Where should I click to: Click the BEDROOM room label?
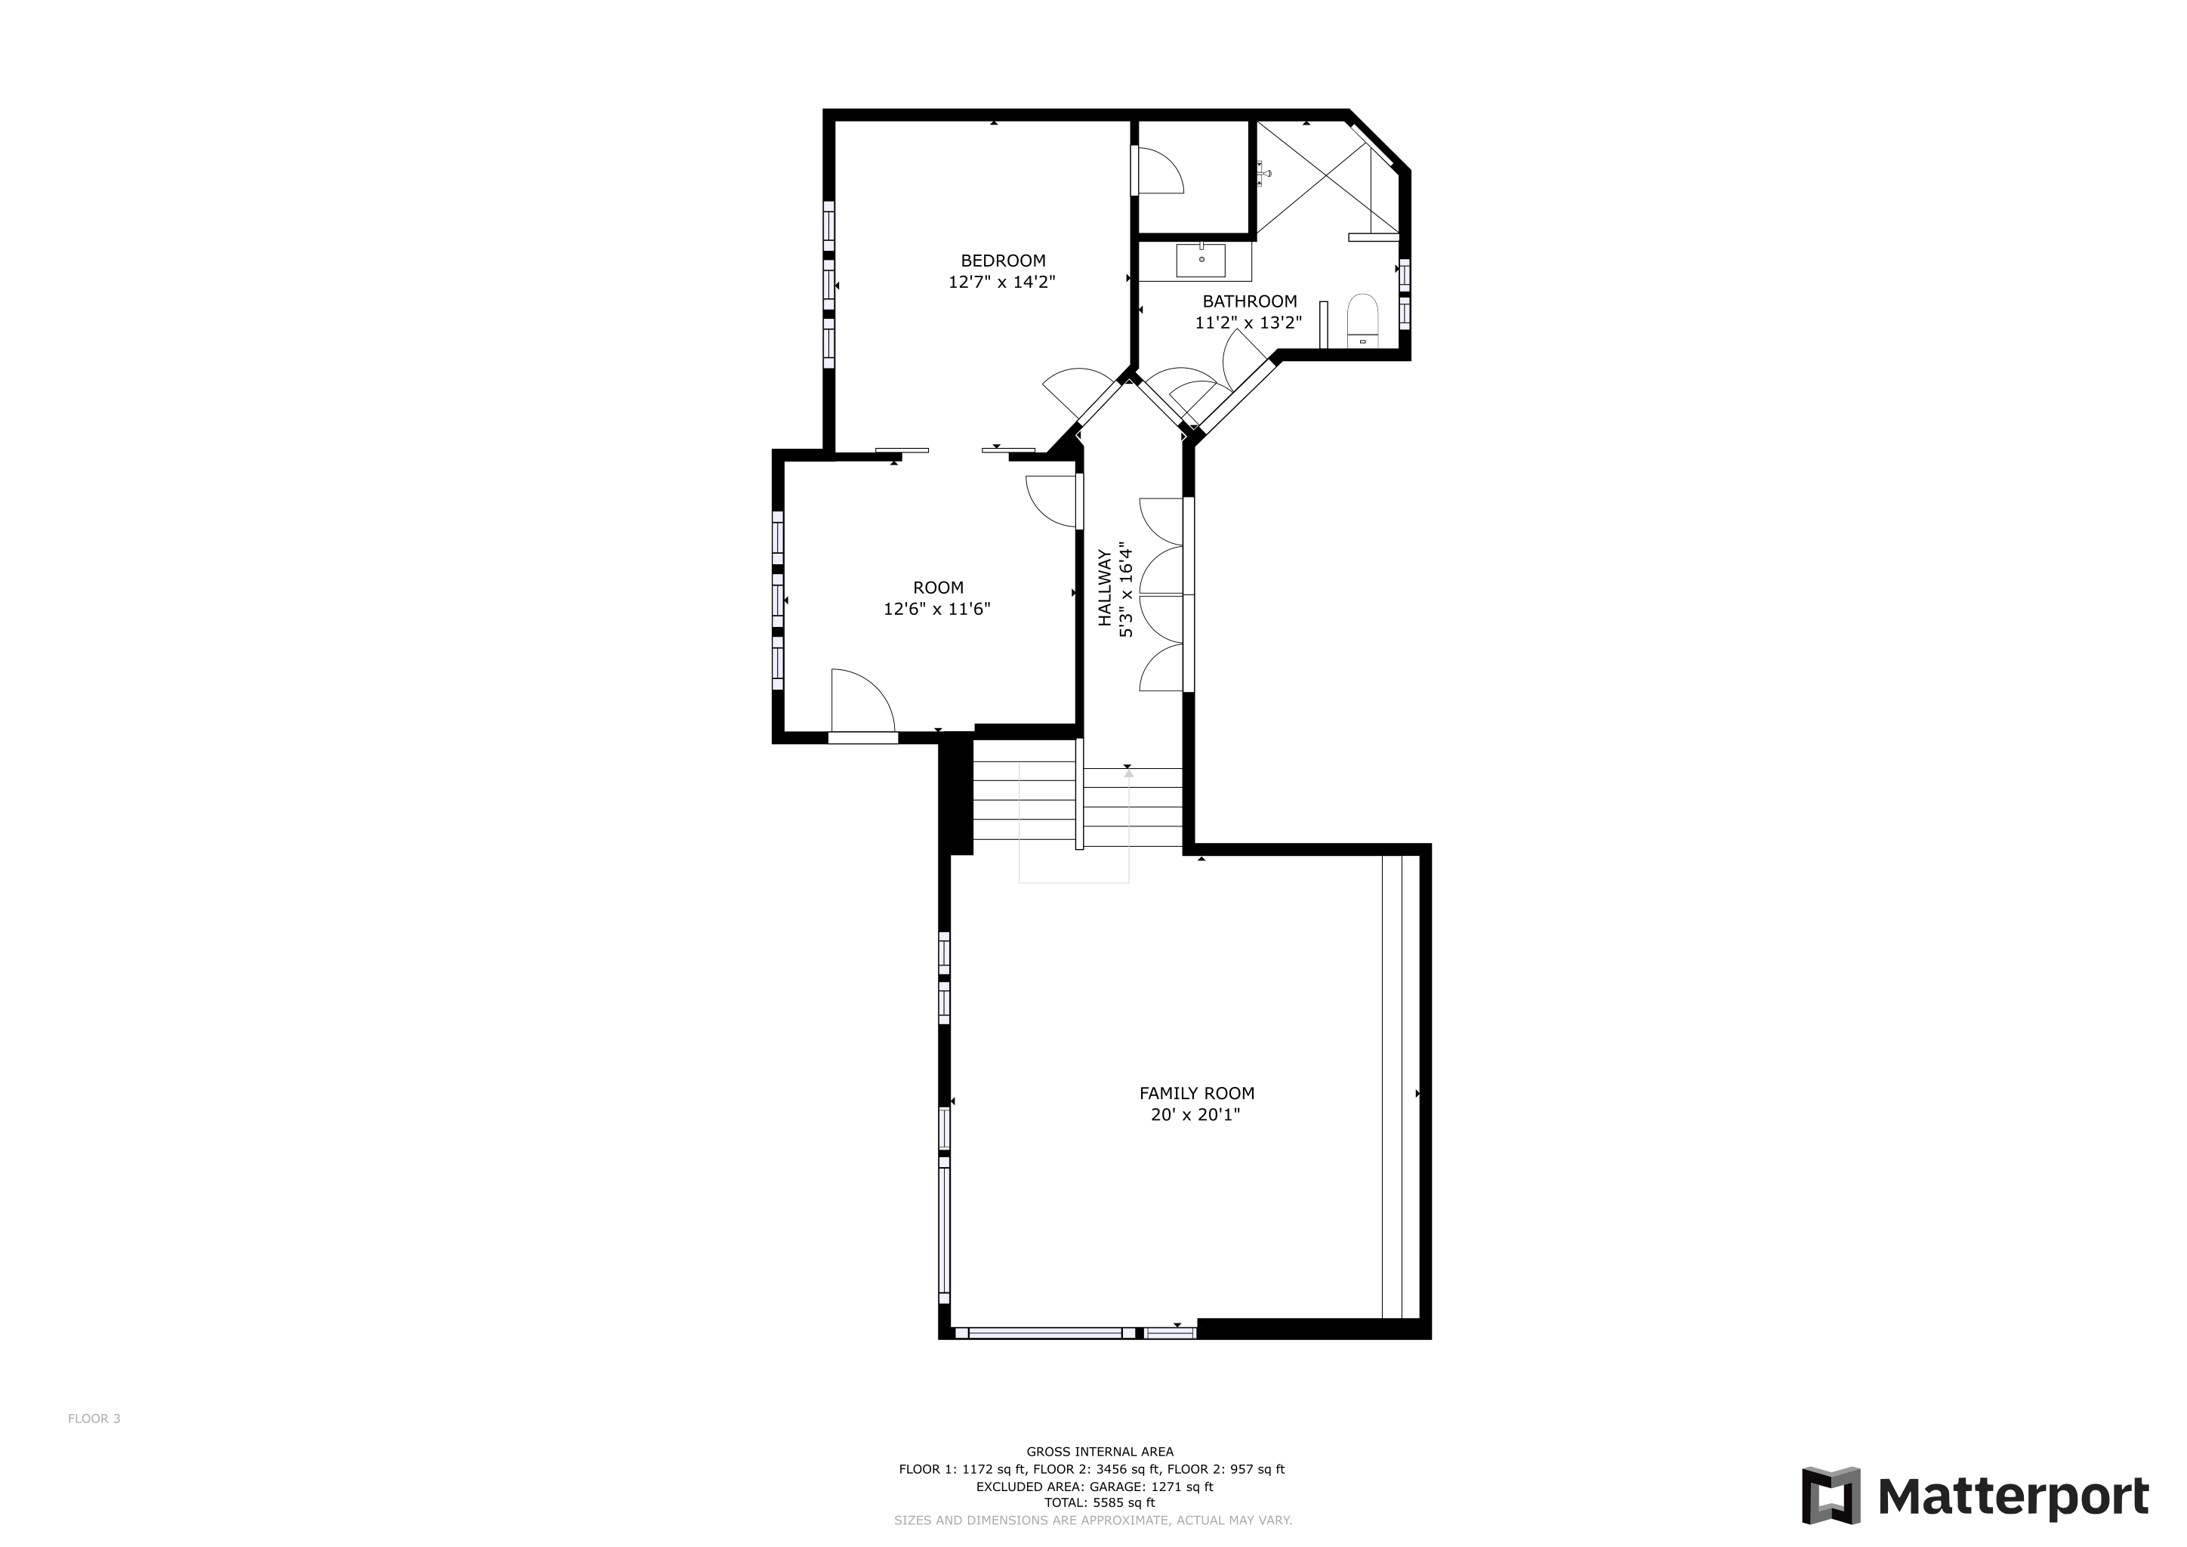[1002, 260]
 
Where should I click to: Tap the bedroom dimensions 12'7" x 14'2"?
[1002, 282]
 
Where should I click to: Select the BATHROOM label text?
[1250, 301]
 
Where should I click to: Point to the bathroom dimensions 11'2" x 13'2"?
[1249, 323]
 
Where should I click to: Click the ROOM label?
[938, 588]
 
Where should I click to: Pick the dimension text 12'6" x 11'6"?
[937, 609]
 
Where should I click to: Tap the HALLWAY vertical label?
[1105, 588]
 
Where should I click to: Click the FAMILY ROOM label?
[1196, 1094]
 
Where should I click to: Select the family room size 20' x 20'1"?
[1195, 1114]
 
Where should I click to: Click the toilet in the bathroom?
[1363, 321]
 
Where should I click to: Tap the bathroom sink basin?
[1201, 260]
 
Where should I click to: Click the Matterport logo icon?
[1831, 1496]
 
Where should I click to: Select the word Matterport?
[2013, 1496]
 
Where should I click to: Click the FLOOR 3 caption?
[94, 1419]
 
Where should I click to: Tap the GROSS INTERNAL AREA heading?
[1100, 1452]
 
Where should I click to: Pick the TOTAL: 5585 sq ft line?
[1100, 1503]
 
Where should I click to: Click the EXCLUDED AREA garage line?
[1094, 1486]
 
